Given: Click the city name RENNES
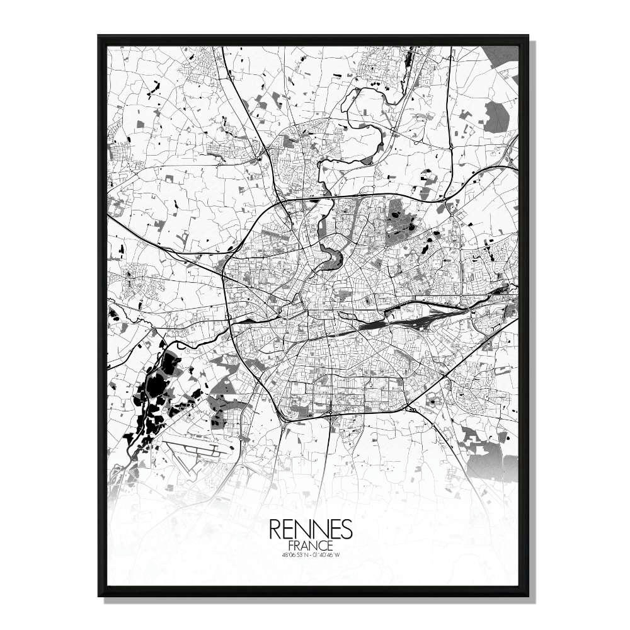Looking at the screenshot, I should tap(311, 529).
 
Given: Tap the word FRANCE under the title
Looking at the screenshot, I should tap(311, 545).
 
